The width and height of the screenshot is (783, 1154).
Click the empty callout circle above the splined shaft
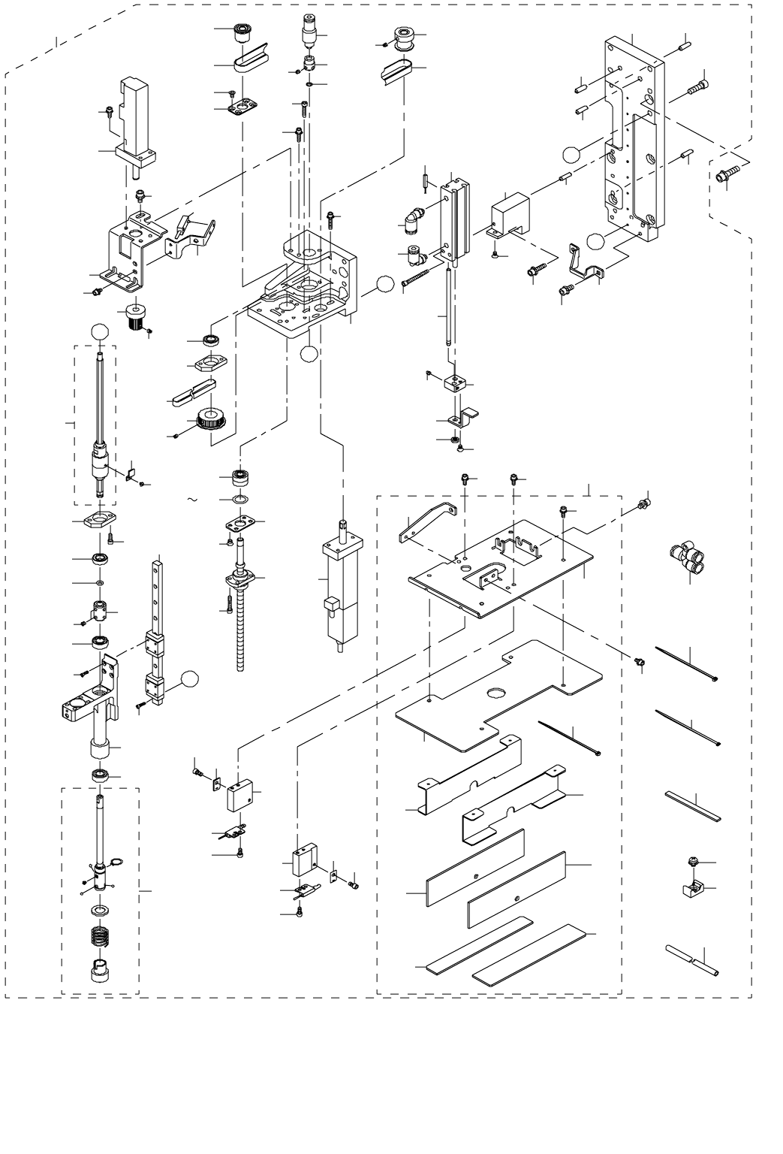[100, 331]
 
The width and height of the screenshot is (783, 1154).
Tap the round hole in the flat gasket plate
[496, 693]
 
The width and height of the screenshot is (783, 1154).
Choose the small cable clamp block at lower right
[692, 890]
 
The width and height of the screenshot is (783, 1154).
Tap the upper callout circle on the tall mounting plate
[571, 154]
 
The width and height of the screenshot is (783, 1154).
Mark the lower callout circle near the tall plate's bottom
[595, 241]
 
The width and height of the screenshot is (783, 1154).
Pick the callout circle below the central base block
[308, 355]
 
